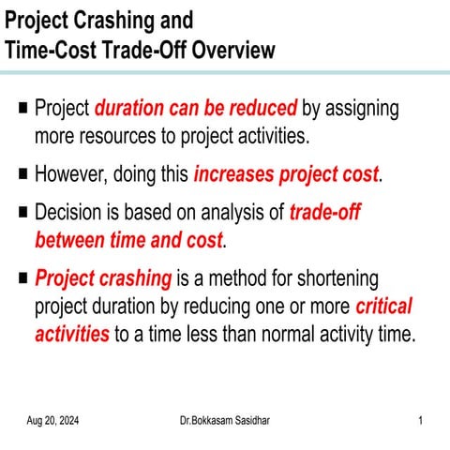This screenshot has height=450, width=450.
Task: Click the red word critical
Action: [x=383, y=307]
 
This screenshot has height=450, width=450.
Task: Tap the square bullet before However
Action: [x=22, y=173]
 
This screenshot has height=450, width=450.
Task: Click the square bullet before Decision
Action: [x=22, y=212]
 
